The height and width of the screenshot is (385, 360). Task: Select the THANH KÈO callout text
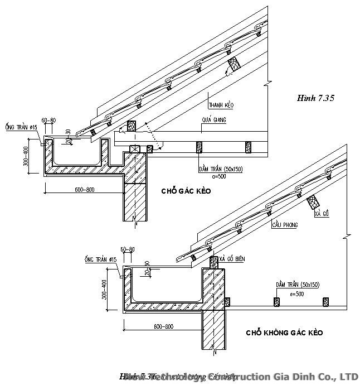tap(221, 105)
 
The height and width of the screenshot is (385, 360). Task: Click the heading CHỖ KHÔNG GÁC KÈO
tap(284, 333)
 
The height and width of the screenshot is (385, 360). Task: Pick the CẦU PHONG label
tap(285, 225)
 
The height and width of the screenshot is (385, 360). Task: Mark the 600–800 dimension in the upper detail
tap(85, 190)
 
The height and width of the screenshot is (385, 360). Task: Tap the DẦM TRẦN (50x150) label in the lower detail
tap(298, 285)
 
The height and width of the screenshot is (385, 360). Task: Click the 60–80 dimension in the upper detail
tap(48, 121)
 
